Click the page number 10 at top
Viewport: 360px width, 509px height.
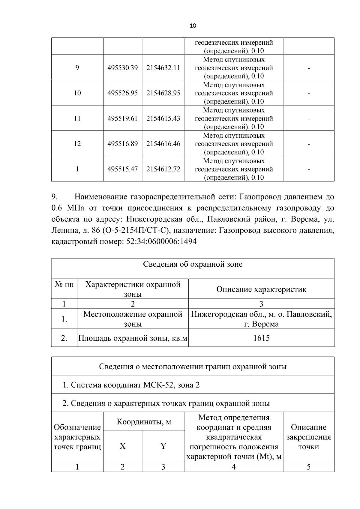[193, 26]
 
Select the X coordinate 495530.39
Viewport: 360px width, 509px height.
[122, 68]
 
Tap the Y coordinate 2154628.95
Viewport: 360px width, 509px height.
[163, 93]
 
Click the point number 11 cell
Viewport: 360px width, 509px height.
[77, 118]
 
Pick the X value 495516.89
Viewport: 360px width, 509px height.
[122, 144]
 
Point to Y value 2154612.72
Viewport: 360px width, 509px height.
[163, 169]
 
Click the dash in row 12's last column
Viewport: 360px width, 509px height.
[308, 144]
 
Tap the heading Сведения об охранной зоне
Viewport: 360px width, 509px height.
[193, 264]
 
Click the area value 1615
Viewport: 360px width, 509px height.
[261, 338]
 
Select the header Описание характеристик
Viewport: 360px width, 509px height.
[261, 289]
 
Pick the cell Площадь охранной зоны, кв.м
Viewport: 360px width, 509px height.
[133, 338]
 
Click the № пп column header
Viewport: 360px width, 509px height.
[64, 284]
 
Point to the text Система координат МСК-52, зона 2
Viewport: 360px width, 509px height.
[135, 385]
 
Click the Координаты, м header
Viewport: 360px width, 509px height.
[144, 422]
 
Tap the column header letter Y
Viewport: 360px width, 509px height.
[163, 446]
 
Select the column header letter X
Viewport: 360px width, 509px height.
[122, 446]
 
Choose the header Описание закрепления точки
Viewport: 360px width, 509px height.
[308, 437]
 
